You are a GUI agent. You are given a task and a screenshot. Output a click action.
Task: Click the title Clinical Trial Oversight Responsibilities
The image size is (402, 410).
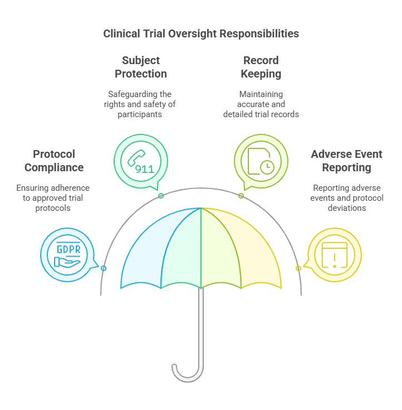click(x=201, y=33)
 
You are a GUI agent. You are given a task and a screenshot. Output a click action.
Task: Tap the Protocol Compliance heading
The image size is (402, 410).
click(x=54, y=161)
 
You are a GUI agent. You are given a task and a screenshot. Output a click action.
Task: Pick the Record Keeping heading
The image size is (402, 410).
click(x=262, y=67)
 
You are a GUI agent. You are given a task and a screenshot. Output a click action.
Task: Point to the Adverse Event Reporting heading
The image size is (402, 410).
click(x=347, y=161)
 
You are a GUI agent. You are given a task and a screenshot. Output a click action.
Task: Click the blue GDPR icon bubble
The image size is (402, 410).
click(x=67, y=255)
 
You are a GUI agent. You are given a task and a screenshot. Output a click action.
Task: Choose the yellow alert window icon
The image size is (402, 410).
click(x=334, y=255)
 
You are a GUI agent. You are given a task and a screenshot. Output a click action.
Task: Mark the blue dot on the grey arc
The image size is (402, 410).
click(x=104, y=268)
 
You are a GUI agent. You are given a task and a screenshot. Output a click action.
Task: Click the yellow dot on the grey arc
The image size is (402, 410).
click(x=298, y=268)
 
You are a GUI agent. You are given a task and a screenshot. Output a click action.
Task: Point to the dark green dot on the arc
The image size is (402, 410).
click(x=161, y=196)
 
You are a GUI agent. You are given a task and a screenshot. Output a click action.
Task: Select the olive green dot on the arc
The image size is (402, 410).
click(x=241, y=196)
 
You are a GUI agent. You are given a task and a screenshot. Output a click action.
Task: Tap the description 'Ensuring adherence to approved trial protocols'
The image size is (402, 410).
click(x=53, y=197)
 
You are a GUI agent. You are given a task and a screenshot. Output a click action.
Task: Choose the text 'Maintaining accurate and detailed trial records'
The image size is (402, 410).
click(x=261, y=104)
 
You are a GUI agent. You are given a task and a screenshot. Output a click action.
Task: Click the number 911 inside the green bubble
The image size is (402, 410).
click(x=145, y=168)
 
